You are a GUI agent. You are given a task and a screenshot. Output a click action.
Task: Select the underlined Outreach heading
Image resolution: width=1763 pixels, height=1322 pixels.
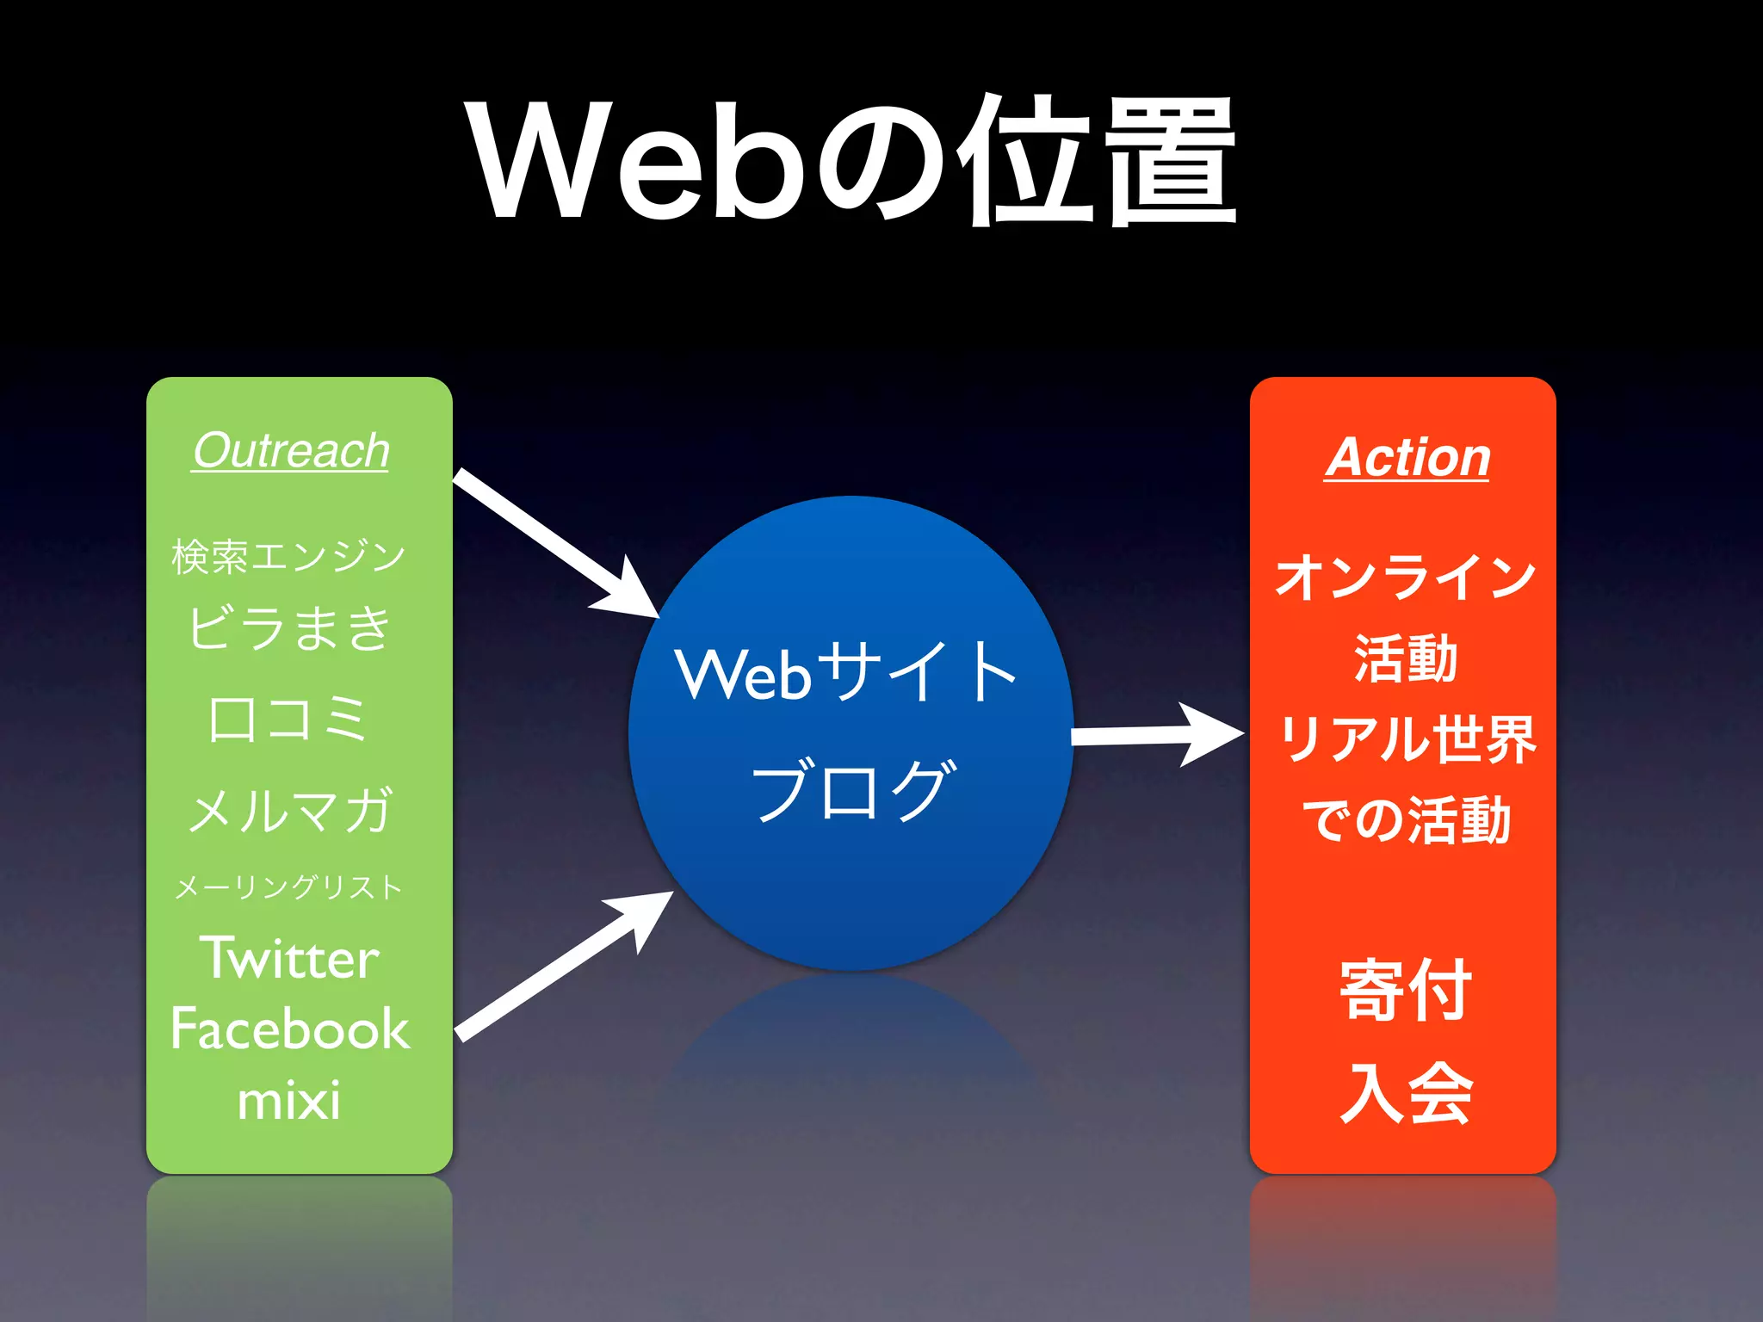click(x=291, y=450)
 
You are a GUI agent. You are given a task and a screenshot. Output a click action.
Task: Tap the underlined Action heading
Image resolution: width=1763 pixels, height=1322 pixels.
click(x=1407, y=456)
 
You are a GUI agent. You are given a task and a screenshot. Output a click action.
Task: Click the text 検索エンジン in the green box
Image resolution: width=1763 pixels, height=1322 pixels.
click(x=288, y=555)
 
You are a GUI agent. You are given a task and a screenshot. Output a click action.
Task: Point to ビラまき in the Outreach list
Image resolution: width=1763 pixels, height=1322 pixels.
click(x=290, y=627)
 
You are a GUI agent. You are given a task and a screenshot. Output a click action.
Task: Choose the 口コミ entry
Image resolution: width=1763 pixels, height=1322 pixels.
click(x=288, y=719)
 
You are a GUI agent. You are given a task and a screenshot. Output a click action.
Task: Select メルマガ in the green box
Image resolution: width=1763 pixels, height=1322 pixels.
click(x=290, y=810)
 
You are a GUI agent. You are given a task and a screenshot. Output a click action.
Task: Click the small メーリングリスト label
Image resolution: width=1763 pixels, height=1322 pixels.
click(x=288, y=886)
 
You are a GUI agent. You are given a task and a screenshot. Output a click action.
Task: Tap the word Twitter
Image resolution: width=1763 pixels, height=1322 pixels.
click(x=290, y=958)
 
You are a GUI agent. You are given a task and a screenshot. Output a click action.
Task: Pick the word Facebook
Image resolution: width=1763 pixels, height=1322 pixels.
click(x=290, y=1029)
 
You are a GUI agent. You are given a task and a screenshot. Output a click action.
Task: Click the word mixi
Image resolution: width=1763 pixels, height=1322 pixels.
click(x=288, y=1101)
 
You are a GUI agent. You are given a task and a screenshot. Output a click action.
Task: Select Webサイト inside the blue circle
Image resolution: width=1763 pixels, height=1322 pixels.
click(x=847, y=673)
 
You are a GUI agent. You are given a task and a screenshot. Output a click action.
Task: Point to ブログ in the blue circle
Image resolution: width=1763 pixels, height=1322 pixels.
click(x=852, y=790)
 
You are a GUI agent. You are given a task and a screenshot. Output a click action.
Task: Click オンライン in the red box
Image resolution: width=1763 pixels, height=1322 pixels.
click(x=1405, y=576)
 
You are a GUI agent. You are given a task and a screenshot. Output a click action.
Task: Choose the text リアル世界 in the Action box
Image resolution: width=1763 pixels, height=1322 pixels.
click(x=1407, y=738)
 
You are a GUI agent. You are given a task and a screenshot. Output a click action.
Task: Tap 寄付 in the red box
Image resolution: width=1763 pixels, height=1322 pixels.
click(x=1405, y=990)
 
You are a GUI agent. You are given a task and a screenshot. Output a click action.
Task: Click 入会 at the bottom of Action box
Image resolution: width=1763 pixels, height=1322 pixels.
click(x=1405, y=1093)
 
